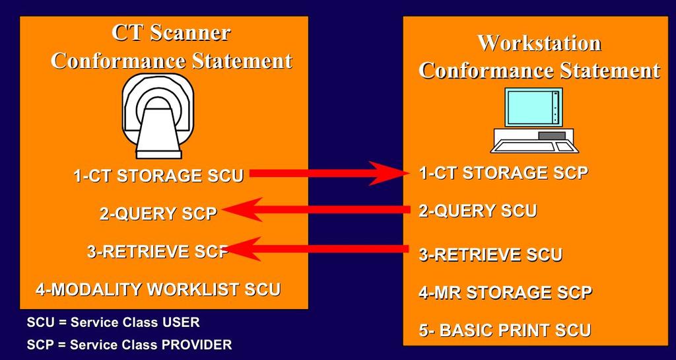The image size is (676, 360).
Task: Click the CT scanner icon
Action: point(157,116)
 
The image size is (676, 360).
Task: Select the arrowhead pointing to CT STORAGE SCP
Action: point(388,173)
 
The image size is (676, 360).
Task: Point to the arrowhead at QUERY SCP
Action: point(242,209)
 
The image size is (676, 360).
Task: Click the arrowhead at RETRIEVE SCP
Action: point(244,249)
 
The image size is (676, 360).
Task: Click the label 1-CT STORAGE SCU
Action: point(159,176)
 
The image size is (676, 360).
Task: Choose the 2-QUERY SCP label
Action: point(158,213)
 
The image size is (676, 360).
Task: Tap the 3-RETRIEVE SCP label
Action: point(158,252)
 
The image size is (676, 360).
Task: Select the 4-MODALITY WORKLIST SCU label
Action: point(158,289)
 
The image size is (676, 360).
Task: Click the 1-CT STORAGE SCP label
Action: point(504,173)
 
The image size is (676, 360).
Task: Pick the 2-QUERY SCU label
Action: point(478,211)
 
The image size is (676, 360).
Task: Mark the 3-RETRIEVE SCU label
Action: point(490,254)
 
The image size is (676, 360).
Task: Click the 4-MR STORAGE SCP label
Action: point(505,293)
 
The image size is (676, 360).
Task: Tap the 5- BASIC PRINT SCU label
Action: point(505,330)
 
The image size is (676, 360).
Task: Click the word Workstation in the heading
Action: point(539,43)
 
